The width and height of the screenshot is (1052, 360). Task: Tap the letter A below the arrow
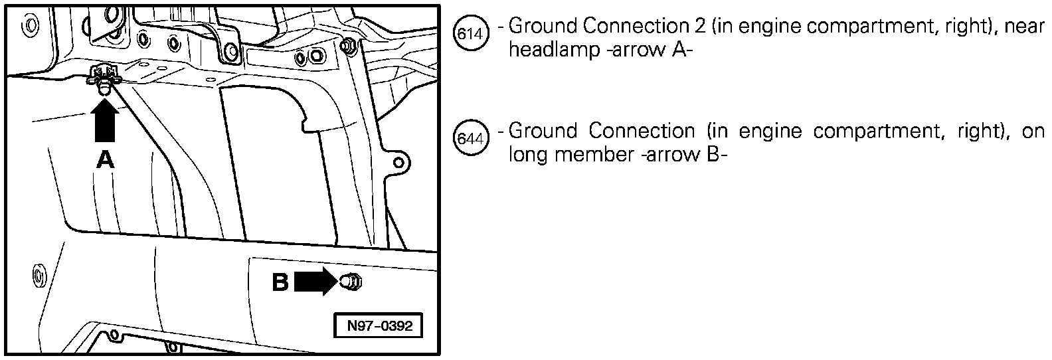[105, 159]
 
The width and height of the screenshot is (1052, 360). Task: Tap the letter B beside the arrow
[280, 283]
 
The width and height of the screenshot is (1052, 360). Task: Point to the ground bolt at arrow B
[351, 282]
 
